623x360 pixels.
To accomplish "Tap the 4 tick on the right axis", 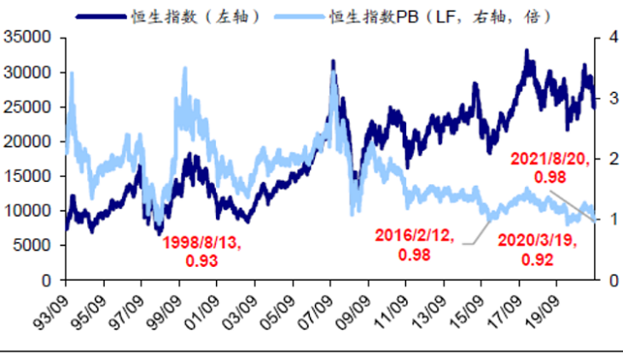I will [x=608, y=38].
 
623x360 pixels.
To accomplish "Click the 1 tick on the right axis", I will [x=608, y=219].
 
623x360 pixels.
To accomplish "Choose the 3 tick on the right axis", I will [x=608, y=98].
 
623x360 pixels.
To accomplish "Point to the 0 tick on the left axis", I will [x=48, y=280].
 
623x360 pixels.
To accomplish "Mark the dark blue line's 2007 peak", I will [x=333, y=61].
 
